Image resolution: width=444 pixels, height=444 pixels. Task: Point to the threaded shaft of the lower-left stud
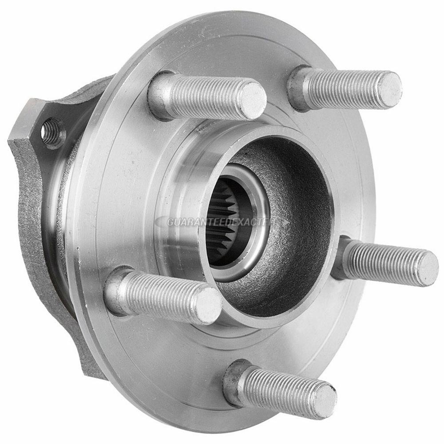click(164, 295)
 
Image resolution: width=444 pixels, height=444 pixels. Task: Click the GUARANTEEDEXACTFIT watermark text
click(222, 221)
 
